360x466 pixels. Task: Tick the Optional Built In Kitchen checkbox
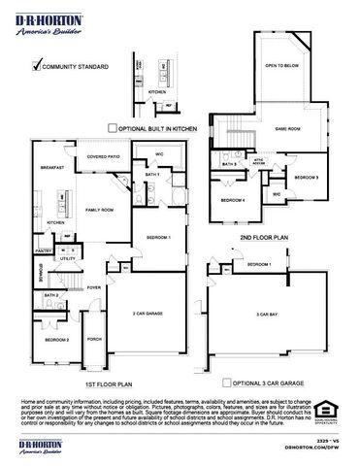pos(113,126)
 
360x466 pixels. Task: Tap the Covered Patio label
pos(103,156)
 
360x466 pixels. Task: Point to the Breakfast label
pos(53,167)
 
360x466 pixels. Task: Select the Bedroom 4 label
pos(232,200)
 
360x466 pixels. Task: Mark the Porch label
pos(94,340)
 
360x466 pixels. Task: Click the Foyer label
pos(94,287)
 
